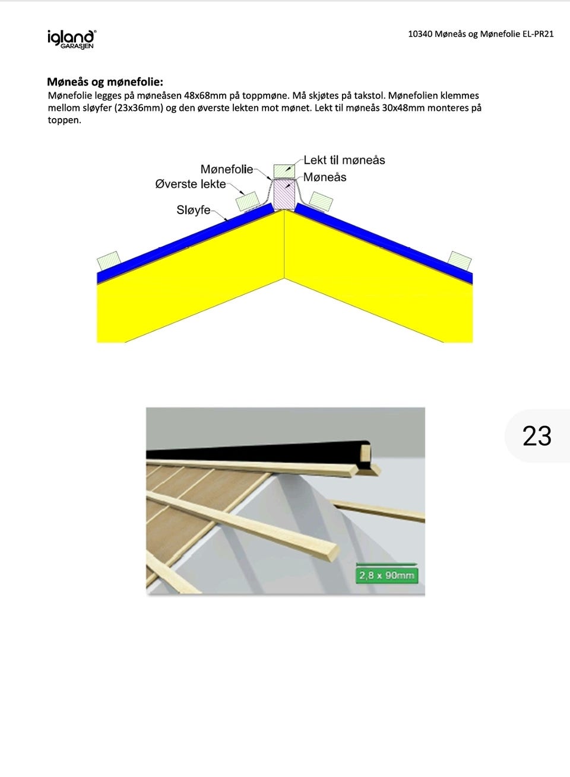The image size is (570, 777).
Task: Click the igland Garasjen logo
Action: click(x=72, y=40)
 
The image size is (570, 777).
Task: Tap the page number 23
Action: click(x=537, y=436)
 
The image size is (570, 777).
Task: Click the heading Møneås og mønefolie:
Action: click(x=105, y=82)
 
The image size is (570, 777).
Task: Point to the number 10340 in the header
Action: click(x=420, y=34)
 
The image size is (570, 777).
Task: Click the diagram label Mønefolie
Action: click(x=227, y=169)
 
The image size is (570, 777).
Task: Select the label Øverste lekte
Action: click(x=190, y=184)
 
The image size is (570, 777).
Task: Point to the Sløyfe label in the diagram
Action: click(x=194, y=210)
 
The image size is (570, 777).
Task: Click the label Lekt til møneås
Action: click(x=344, y=160)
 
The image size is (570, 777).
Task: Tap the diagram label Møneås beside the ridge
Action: click(x=325, y=177)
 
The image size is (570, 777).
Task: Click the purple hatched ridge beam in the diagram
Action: click(x=284, y=195)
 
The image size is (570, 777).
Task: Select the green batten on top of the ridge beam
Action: click(x=284, y=171)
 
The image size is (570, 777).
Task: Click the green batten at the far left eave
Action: click(x=109, y=261)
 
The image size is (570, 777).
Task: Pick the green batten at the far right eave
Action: click(x=460, y=261)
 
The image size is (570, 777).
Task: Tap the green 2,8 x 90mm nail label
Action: click(x=387, y=575)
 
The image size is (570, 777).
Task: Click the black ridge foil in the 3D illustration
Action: click(x=257, y=451)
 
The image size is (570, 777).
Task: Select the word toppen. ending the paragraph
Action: click(x=65, y=120)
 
